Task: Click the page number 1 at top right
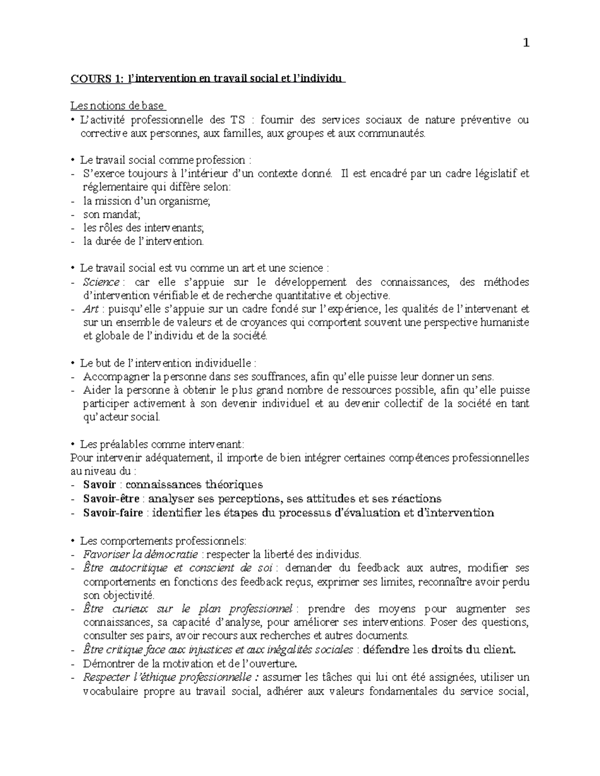point(525,43)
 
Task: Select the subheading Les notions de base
point(117,106)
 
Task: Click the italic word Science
point(101,282)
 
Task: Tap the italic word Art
point(90,309)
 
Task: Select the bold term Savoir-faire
point(113,513)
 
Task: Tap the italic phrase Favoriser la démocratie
point(141,554)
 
